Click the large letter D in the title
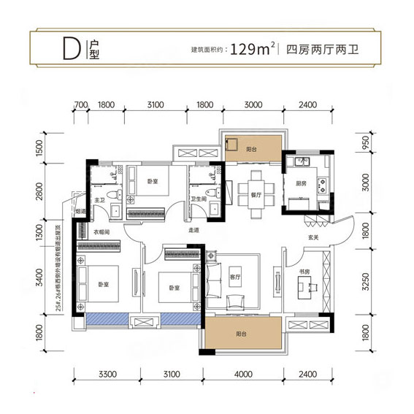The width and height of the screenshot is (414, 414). click(70, 49)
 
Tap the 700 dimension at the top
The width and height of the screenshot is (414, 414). click(81, 106)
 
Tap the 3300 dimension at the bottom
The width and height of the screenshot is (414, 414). click(107, 375)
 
